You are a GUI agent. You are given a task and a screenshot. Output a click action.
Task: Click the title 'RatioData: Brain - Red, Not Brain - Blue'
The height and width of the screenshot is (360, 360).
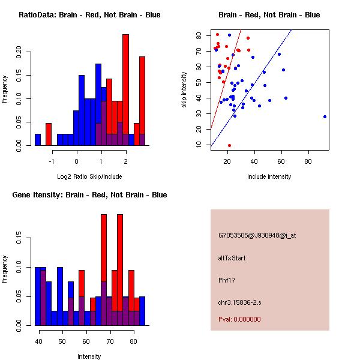89,15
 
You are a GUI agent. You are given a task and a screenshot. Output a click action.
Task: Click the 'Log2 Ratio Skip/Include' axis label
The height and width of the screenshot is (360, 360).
89,176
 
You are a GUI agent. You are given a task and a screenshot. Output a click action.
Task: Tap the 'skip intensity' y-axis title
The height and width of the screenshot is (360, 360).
185,90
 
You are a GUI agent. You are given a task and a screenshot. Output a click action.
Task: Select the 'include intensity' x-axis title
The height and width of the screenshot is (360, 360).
269,176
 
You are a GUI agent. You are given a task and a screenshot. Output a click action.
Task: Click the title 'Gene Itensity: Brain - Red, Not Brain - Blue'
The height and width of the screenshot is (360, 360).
89,195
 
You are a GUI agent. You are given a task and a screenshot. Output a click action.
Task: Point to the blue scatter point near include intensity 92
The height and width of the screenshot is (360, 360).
325,116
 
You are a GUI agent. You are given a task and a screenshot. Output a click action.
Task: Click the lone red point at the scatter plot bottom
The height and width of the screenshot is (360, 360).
229,145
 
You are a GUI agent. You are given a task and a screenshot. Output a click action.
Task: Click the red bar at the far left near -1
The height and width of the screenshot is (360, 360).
49,134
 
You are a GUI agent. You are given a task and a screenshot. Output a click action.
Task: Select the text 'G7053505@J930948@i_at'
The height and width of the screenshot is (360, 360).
257,235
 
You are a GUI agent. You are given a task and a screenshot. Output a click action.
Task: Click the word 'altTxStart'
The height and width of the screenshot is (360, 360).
232,258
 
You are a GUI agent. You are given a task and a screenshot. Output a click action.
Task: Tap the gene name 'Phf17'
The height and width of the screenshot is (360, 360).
227,280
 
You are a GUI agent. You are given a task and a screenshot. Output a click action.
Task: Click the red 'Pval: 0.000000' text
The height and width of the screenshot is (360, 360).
239,319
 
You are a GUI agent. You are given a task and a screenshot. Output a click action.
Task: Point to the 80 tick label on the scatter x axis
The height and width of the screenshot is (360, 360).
308,161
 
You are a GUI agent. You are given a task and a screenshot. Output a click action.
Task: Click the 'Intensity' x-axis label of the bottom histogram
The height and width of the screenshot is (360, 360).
89,356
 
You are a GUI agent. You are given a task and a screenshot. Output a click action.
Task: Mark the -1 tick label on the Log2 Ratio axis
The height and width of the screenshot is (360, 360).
52,161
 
